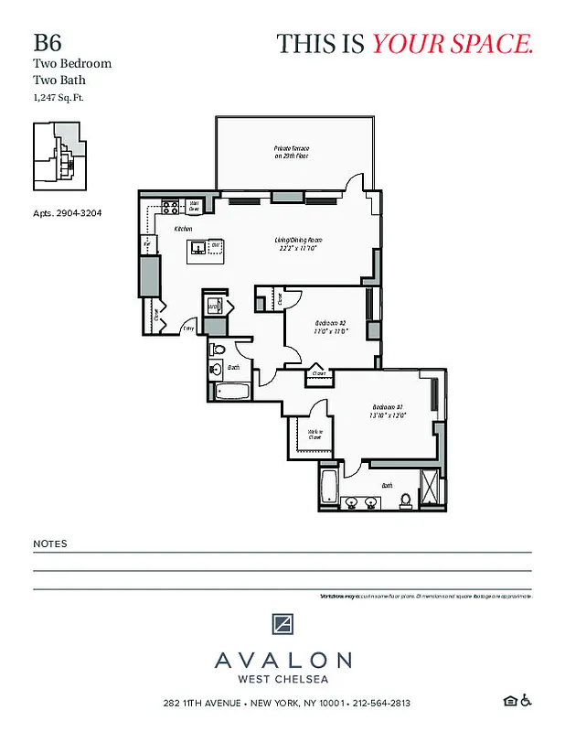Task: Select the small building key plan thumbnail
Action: (x=59, y=156)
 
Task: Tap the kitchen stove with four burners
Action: (x=169, y=205)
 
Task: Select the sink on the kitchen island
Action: (x=197, y=247)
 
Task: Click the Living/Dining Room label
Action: (x=298, y=243)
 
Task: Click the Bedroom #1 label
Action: (x=387, y=411)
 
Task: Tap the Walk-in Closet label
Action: (x=314, y=435)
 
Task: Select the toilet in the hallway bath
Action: (x=215, y=371)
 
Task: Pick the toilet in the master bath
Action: (x=405, y=500)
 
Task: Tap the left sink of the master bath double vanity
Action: (x=351, y=501)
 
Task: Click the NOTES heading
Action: (x=50, y=544)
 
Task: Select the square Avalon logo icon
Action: (x=282, y=624)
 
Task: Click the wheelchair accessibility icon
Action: (x=526, y=702)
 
